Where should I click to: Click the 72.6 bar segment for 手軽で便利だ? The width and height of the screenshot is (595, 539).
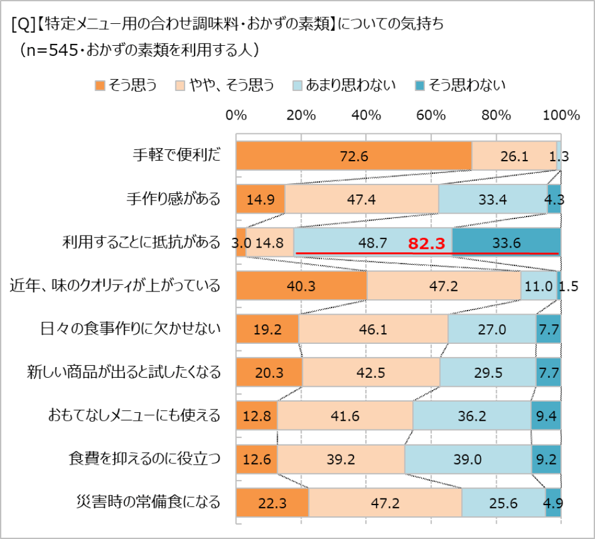[353, 156]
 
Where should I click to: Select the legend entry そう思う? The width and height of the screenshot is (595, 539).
[126, 85]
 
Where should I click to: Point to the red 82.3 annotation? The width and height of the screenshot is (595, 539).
[427, 243]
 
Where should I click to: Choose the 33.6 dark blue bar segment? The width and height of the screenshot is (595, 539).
[506, 243]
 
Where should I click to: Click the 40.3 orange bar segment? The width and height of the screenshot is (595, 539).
[301, 286]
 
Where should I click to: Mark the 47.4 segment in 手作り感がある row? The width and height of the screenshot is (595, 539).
[361, 199]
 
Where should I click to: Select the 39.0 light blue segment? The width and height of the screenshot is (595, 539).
[468, 459]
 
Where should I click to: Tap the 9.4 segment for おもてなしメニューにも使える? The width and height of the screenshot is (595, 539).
[546, 416]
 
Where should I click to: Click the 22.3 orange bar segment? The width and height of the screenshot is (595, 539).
[272, 502]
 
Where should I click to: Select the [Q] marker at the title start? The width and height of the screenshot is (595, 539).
[21, 25]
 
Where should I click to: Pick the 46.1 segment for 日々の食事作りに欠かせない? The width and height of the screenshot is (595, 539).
[373, 330]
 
